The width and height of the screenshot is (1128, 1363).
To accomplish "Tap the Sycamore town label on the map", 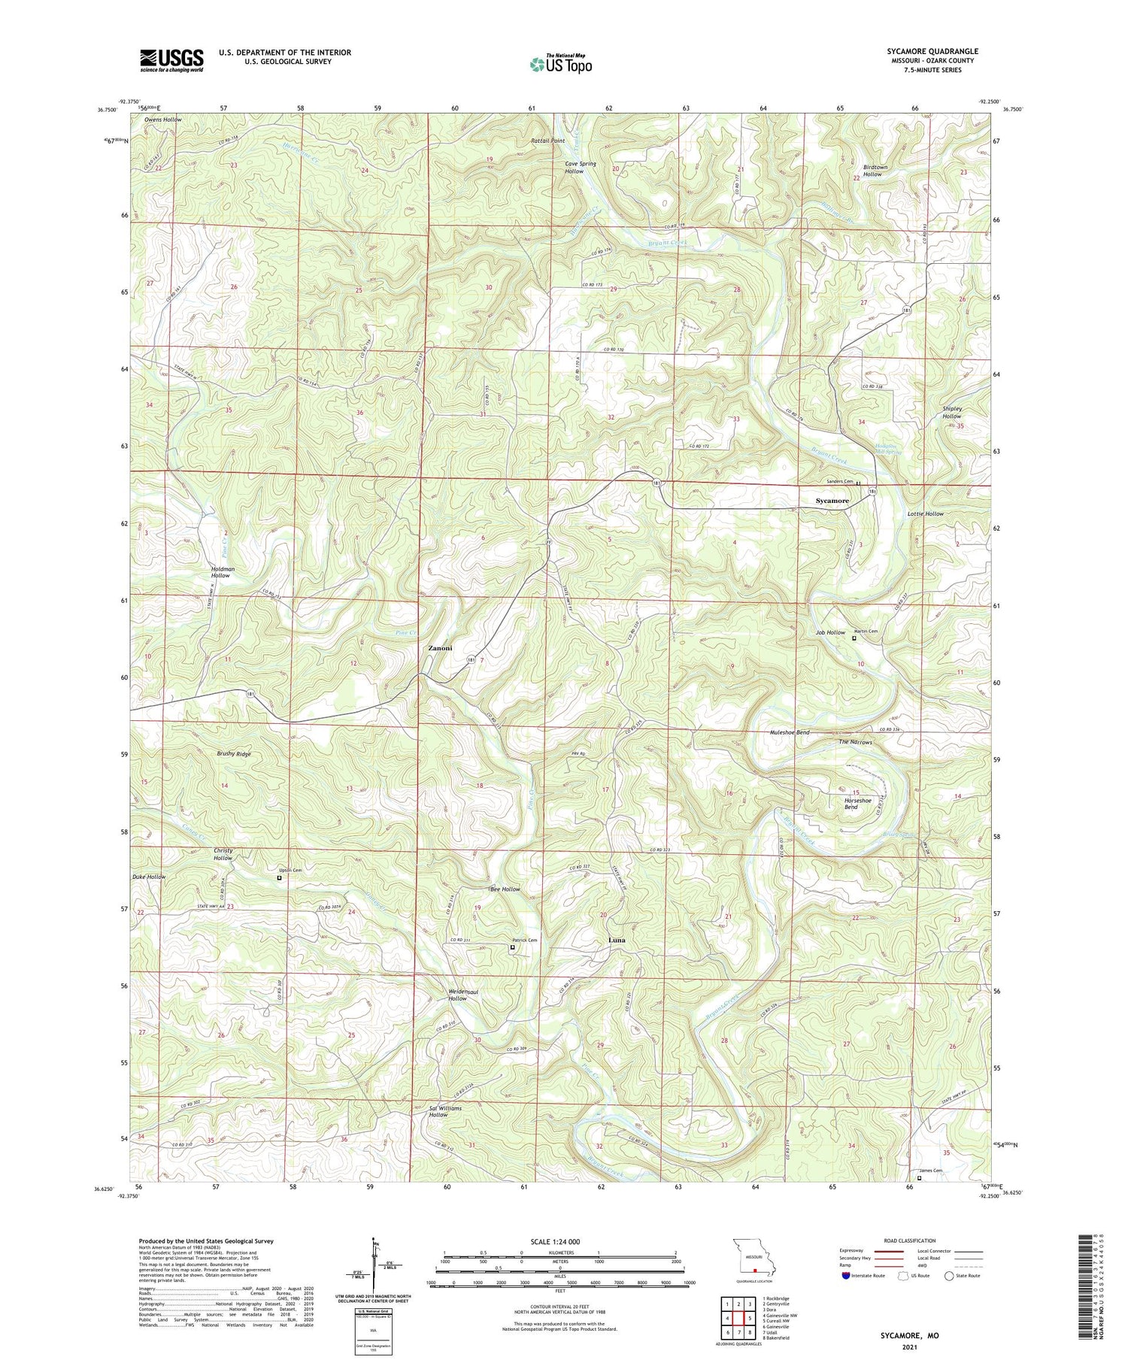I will click(x=832, y=501).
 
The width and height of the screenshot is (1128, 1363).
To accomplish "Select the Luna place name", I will click(x=617, y=940).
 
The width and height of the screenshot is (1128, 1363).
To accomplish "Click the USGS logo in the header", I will click(x=171, y=60).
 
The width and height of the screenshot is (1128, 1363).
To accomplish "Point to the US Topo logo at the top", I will click(x=561, y=64).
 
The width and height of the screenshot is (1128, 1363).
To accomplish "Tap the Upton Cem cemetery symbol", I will click(x=279, y=877).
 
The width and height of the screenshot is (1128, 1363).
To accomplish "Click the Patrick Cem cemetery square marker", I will click(x=513, y=947).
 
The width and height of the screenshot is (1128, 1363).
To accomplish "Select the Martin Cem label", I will click(x=866, y=632).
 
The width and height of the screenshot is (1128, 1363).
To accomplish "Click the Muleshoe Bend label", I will click(x=790, y=732).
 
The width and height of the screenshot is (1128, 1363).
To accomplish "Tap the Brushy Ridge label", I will click(x=234, y=753).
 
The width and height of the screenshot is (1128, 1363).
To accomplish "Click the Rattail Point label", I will click(x=547, y=141).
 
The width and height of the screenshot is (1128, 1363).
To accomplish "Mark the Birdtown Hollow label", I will click(x=872, y=171).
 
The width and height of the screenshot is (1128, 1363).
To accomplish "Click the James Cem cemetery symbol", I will click(x=918, y=1179).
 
